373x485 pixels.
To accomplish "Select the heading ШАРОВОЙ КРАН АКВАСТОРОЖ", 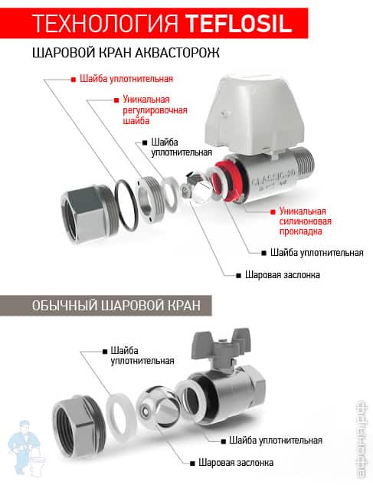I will (126, 55).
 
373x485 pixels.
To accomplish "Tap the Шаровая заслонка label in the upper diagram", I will (277, 274).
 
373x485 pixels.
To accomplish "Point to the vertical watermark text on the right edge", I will (359, 441).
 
